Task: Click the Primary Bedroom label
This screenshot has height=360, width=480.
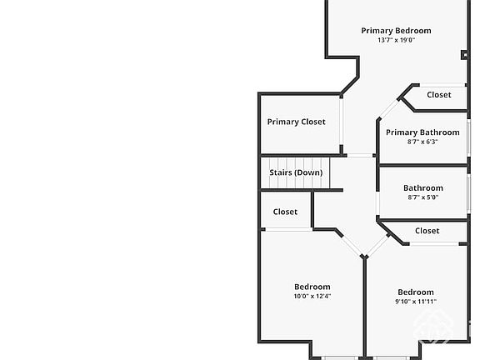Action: coord(396,31)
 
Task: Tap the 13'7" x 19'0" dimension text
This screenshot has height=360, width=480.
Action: coord(396,40)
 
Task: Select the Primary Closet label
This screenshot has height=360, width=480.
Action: coord(296,122)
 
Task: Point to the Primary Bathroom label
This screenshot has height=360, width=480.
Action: coord(422,132)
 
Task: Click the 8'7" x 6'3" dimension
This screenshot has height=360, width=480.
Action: coord(422,142)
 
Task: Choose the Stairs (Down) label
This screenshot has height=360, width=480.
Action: coord(296,172)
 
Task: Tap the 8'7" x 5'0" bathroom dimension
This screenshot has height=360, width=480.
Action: coord(423,197)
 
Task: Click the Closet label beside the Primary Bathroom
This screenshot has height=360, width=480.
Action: coord(439,95)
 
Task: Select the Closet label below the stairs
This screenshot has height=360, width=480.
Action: coord(285,212)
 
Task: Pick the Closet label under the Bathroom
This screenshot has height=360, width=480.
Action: coord(427,231)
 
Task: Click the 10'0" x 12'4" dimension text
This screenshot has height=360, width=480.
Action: coord(312,296)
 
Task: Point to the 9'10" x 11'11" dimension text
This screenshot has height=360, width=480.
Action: coord(416,302)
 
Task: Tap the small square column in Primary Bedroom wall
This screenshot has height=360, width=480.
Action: coord(465,55)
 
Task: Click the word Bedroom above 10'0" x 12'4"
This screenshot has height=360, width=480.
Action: coord(312,287)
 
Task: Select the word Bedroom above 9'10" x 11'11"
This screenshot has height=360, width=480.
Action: coord(416,292)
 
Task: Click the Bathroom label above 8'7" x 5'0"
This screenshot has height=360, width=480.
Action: coord(423,188)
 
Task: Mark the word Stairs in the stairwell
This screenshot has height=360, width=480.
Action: coord(280,172)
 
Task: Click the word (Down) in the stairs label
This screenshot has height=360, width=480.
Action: coord(308,172)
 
